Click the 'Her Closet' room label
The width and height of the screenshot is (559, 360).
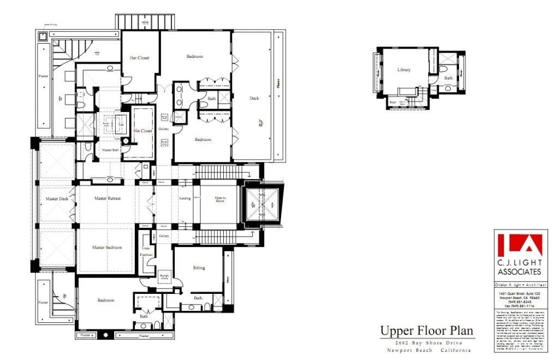[139, 58]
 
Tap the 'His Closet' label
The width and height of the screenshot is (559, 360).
[142, 131]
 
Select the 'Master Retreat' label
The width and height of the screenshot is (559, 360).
[107, 198]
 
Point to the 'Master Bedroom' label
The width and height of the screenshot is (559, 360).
[107, 247]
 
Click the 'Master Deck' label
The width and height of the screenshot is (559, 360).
[57, 199]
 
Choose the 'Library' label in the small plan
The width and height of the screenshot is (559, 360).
[404, 70]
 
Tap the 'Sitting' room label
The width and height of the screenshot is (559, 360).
[199, 268]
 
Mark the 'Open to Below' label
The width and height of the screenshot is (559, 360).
[220, 199]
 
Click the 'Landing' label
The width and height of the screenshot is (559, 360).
[185, 198]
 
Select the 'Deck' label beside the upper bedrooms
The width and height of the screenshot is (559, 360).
[254, 98]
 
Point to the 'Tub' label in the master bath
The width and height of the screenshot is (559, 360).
[121, 125]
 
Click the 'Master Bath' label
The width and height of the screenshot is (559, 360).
[107, 150]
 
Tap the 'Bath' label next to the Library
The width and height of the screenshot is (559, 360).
[448, 78]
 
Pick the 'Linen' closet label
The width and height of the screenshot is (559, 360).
[146, 249]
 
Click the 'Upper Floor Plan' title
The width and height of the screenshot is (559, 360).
[427, 331]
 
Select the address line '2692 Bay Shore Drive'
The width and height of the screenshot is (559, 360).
[427, 343]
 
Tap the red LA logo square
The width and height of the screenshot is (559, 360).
[518, 246]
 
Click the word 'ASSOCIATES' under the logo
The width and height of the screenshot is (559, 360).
[518, 272]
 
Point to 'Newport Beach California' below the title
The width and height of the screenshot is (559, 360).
[427, 350]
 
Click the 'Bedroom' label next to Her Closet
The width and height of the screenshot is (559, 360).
[195, 57]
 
